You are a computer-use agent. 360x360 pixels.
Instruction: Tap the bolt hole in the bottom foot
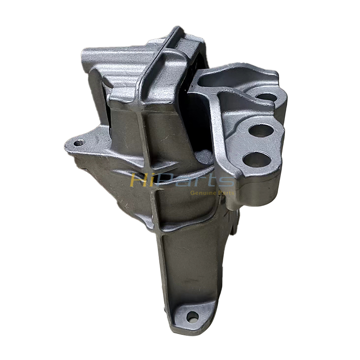pyautogui.click(x=192, y=316)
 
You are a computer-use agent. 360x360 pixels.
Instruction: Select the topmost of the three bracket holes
pyautogui.click(x=267, y=96)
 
